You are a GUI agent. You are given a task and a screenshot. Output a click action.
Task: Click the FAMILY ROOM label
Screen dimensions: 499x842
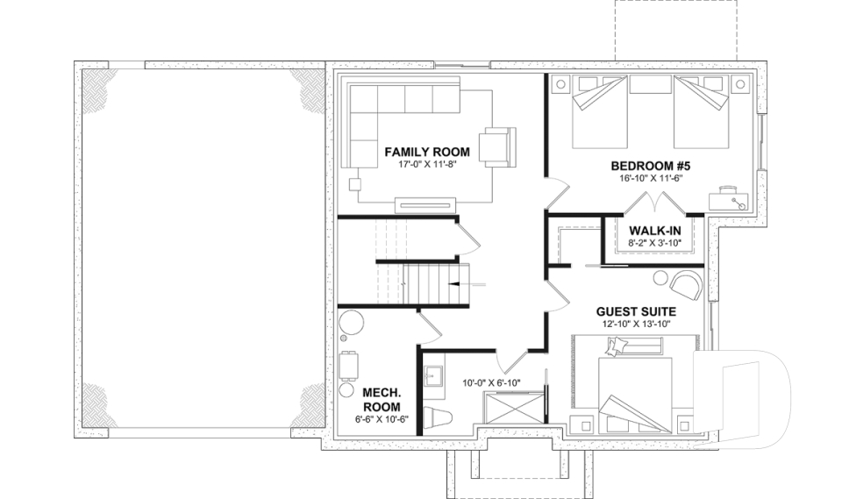[x=427, y=152]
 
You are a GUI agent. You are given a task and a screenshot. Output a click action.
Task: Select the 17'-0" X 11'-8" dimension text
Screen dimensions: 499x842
[x=427, y=164]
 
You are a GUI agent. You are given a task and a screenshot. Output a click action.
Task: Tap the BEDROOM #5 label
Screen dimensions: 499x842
[x=650, y=165]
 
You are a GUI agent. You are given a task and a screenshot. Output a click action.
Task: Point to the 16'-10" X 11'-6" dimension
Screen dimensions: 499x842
[x=650, y=177]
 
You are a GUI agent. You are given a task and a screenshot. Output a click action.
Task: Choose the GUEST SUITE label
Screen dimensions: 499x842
[x=636, y=311]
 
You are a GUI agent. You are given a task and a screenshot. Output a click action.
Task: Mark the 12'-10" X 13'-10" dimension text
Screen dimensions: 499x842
[x=636, y=324]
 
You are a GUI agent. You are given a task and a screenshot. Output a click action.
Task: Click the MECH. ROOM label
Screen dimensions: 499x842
[x=382, y=400]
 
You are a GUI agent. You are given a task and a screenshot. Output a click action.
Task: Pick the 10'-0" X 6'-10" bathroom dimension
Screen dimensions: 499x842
[x=491, y=383]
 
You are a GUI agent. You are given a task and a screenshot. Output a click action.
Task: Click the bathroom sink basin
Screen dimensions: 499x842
[x=432, y=378]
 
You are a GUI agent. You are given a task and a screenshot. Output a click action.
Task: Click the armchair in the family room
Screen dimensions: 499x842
[x=498, y=146]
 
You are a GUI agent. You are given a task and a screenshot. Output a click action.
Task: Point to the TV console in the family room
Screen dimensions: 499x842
[x=426, y=204]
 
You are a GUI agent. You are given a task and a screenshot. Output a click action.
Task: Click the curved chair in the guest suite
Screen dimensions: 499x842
[x=683, y=283]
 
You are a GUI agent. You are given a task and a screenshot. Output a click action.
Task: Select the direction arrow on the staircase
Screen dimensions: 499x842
[x=471, y=285]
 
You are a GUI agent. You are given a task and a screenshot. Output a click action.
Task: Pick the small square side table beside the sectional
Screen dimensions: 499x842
[x=355, y=184]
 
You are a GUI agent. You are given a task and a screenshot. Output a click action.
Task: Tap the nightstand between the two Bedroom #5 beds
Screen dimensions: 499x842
[x=650, y=85]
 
